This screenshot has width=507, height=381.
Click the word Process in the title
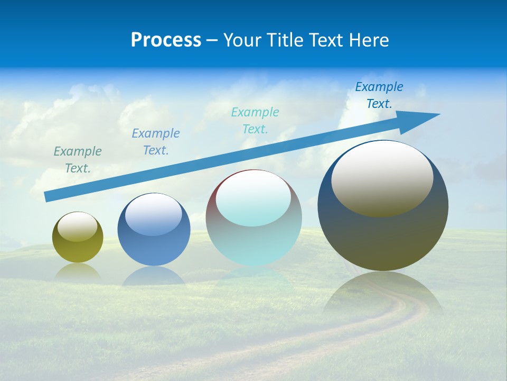click(166, 40)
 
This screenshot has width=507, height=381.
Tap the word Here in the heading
click(368, 40)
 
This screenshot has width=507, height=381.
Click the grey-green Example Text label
click(78, 160)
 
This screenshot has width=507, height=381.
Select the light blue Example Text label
click(156, 142)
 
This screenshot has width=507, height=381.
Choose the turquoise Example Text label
click(255, 121)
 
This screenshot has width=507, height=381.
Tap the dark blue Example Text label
click(379, 95)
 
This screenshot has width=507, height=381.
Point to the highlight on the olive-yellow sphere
click(78, 226)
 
